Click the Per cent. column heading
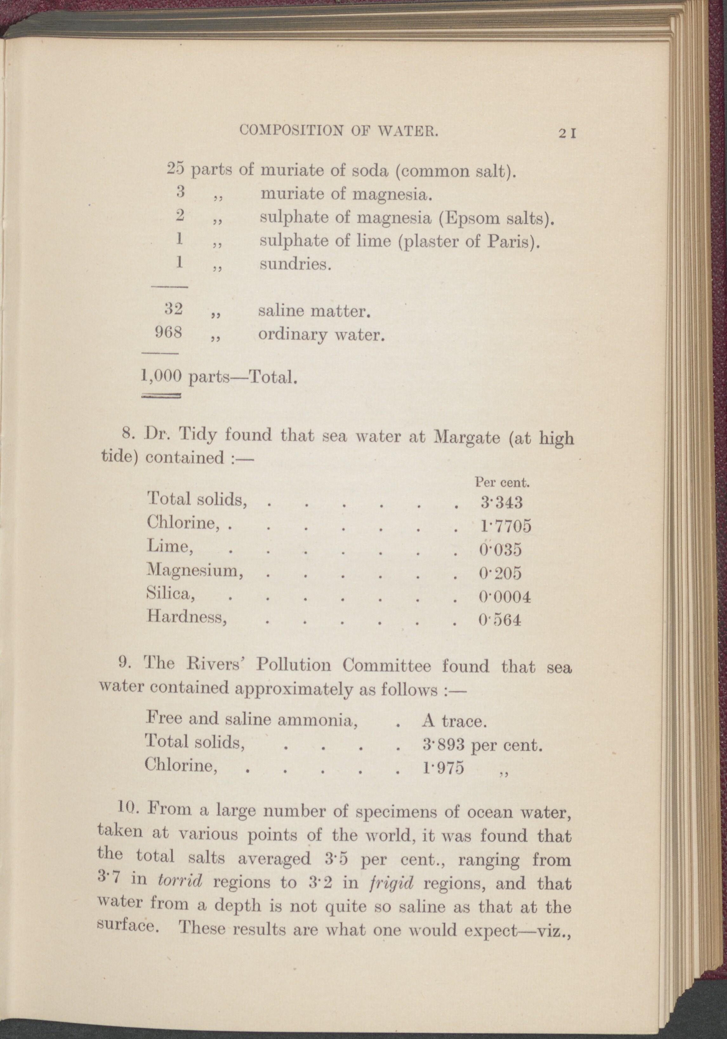click(502, 482)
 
